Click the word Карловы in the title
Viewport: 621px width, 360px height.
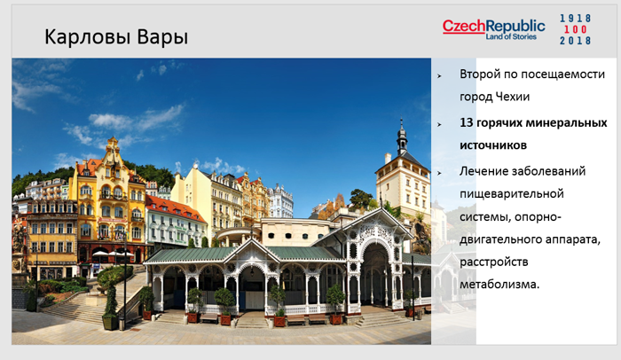coord(88,37)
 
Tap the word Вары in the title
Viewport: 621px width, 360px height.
coord(162,37)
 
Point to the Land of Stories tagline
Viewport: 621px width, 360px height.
coord(511,37)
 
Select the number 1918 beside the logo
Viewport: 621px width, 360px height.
coord(576,19)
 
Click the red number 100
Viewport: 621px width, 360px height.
coord(576,29)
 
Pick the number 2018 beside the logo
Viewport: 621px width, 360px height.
coord(576,41)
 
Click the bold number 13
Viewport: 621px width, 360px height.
coord(466,122)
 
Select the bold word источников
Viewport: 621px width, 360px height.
coord(493,145)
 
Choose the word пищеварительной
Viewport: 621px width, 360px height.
coord(512,194)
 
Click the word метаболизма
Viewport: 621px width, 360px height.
coord(499,285)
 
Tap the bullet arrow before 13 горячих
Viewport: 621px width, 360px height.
coord(439,124)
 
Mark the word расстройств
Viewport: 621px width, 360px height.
coord(494,262)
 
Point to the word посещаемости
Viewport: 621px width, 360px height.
coord(562,74)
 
